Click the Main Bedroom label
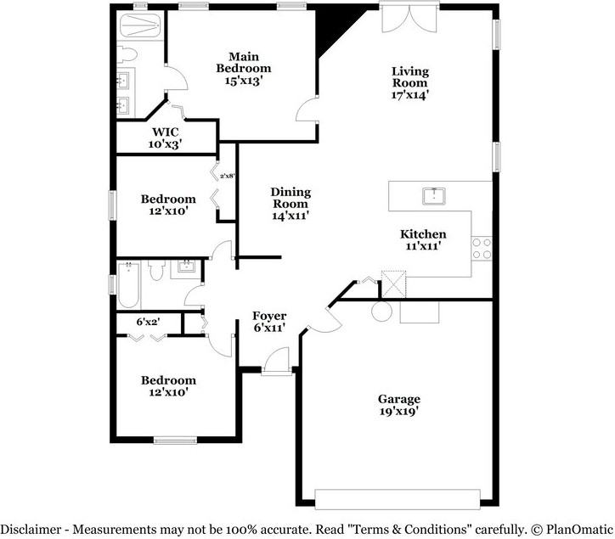click(244, 63)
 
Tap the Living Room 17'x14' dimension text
click(410, 95)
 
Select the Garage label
click(399, 399)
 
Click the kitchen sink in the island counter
click(434, 196)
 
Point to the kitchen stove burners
click(482, 249)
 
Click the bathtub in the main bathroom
click(139, 25)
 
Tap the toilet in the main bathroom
click(127, 55)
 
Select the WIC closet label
click(165, 132)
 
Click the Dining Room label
click(291, 198)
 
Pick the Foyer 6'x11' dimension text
click(269, 328)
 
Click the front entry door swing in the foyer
click(277, 361)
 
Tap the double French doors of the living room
click(409, 20)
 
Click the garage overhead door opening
click(398, 499)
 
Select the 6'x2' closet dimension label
click(148, 322)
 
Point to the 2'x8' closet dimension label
click(228, 176)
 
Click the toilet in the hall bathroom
click(157, 270)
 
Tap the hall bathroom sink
click(185, 268)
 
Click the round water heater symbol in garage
click(381, 312)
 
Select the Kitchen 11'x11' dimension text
click(423, 246)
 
